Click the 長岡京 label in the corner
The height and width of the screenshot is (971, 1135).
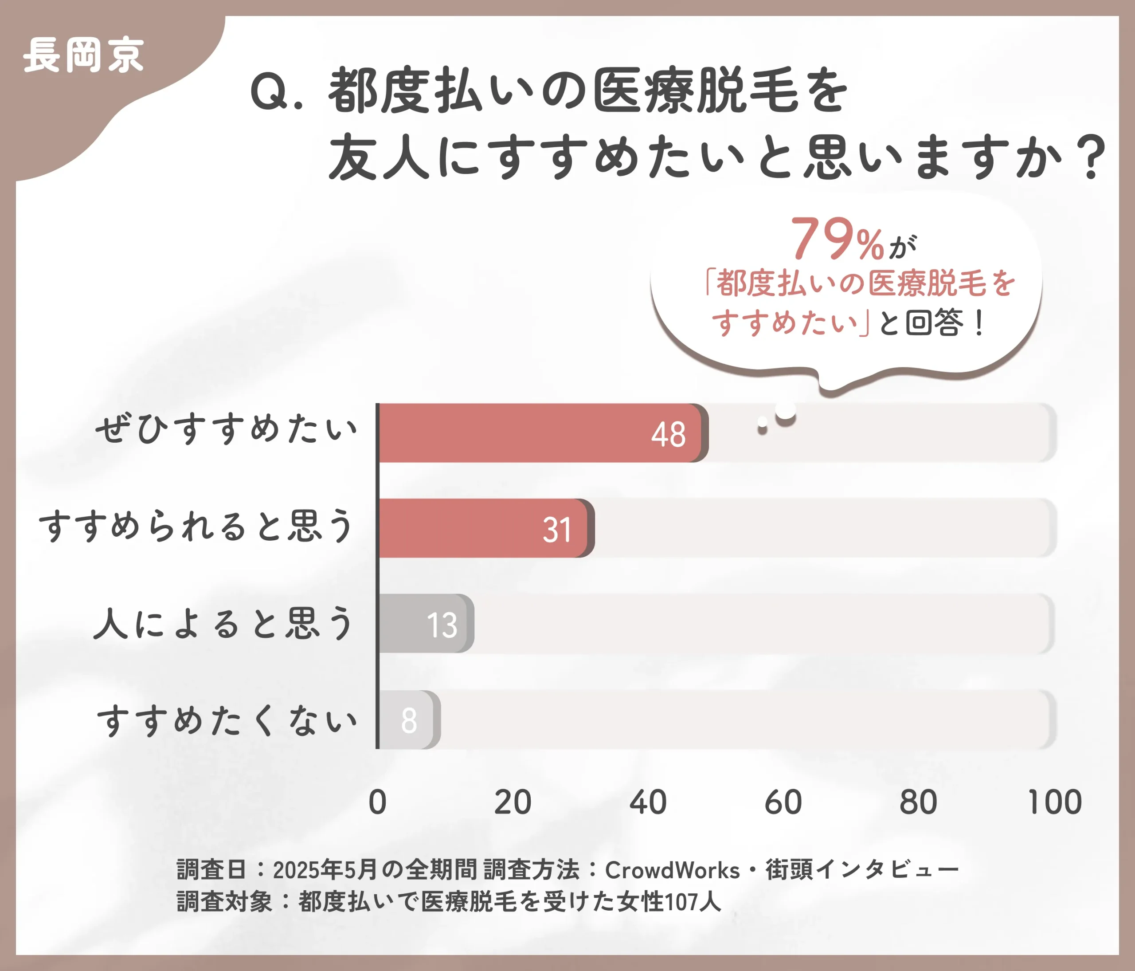click(x=83, y=55)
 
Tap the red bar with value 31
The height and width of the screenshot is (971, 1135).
click(x=484, y=528)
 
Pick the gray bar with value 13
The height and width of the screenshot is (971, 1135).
click(x=425, y=624)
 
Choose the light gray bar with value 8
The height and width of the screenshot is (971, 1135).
click(x=407, y=719)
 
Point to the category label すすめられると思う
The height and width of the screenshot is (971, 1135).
click(x=196, y=526)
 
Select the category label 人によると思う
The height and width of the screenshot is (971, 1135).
click(x=223, y=623)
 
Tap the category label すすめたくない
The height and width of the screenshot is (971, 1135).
click(x=227, y=720)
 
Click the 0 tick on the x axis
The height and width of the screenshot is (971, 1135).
click(x=377, y=802)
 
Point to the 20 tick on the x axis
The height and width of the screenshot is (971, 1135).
click(x=513, y=802)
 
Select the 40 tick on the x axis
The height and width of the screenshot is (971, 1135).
click(x=648, y=802)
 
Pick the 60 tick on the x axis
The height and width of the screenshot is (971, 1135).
click(x=783, y=802)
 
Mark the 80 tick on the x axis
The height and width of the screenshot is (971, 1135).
click(x=919, y=802)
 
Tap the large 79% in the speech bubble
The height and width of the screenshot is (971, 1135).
click(x=837, y=240)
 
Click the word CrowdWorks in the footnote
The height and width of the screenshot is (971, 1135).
click(x=672, y=870)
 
